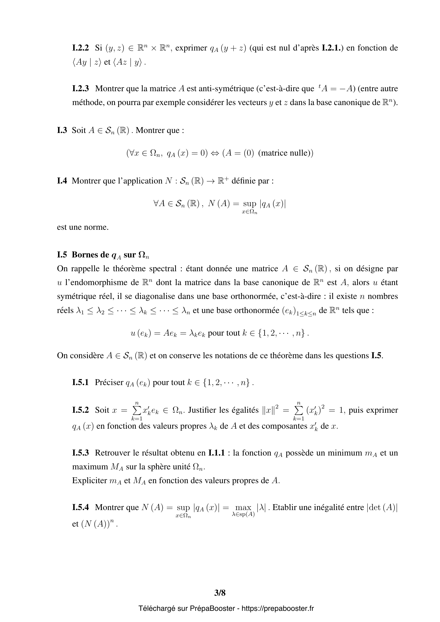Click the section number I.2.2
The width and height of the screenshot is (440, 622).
click(80, 48)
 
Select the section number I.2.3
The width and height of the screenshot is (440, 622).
click(80, 89)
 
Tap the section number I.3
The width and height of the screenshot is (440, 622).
click(62, 130)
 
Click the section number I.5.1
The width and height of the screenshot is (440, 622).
click(80, 382)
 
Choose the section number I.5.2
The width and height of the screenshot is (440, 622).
click(80, 410)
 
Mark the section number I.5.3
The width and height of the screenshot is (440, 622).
click(80, 453)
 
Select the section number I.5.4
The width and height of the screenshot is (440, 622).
click(80, 507)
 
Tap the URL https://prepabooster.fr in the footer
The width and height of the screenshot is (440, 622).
click(278, 608)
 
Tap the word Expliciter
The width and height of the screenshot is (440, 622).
click(89, 480)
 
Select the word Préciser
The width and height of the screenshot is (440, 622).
click(109, 382)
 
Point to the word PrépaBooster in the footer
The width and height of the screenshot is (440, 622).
click(212, 608)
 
